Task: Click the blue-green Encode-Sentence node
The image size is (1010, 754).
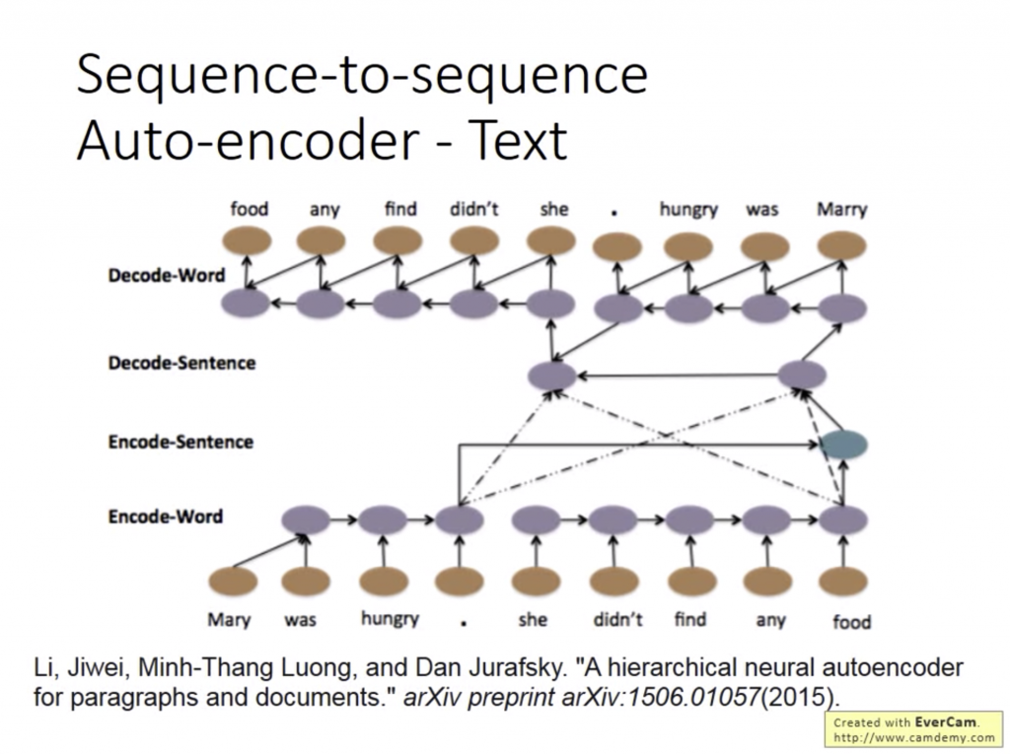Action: click(x=843, y=445)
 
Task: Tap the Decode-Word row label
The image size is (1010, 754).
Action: click(x=167, y=276)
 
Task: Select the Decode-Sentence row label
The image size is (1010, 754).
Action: click(x=181, y=363)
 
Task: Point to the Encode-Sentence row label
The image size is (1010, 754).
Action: click(x=180, y=443)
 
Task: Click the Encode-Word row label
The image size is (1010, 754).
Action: click(x=166, y=516)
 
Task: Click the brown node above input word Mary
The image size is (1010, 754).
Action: click(x=233, y=582)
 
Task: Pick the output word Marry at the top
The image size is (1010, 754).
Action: click(x=842, y=209)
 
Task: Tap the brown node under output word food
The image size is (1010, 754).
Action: click(x=247, y=241)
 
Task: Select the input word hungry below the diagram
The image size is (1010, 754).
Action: click(x=390, y=619)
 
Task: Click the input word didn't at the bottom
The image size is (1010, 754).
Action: click(x=617, y=619)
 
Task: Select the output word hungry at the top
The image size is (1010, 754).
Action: click(x=687, y=210)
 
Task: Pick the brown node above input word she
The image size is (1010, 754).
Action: click(x=536, y=582)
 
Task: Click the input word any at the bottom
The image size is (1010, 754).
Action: click(x=770, y=621)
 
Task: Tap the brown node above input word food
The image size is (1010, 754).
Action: click(x=842, y=582)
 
